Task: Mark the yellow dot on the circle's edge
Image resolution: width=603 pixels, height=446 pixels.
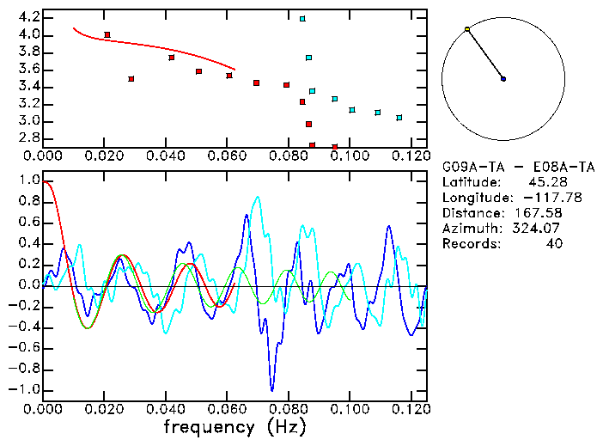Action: (467, 29)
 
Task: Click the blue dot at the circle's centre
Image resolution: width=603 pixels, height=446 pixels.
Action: (503, 79)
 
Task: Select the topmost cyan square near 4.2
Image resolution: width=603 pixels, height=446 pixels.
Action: (302, 18)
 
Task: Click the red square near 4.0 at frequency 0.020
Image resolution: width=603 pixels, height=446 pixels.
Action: (107, 34)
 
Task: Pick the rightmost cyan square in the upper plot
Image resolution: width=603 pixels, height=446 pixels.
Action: (399, 118)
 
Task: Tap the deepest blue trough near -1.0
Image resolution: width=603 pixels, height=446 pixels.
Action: (272, 390)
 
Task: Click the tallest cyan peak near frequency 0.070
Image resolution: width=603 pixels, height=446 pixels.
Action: (258, 197)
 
